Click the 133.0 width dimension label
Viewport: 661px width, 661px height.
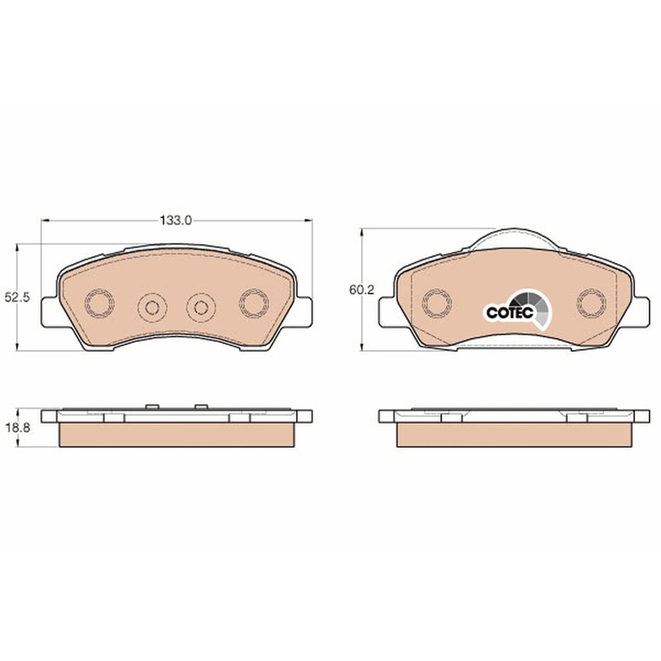(x=175, y=220)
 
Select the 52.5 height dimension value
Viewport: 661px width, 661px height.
(x=17, y=297)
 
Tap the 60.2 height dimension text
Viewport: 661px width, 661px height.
(x=361, y=290)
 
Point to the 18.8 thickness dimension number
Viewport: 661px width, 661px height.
(x=17, y=428)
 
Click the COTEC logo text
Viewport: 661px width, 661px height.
(x=510, y=312)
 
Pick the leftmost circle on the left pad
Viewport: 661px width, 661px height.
(x=99, y=303)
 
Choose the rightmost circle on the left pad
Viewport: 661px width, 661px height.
(x=254, y=303)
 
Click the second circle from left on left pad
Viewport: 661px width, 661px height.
(x=152, y=307)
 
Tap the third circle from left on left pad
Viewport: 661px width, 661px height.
(x=201, y=307)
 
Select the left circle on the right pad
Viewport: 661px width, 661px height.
(x=437, y=303)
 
